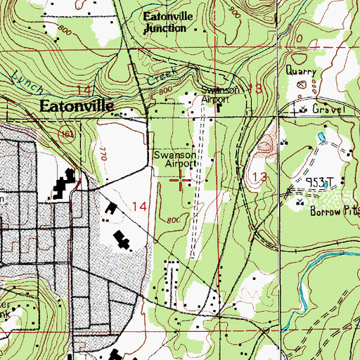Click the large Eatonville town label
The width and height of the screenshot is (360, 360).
coord(77,107)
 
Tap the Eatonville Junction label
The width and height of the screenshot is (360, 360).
coord(166,23)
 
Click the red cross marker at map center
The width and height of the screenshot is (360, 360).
coord(181,180)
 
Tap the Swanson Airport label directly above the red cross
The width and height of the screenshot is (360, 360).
coord(174,158)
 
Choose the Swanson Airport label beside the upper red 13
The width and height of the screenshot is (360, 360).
coord(215,95)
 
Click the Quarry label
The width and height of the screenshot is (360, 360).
coord(301,70)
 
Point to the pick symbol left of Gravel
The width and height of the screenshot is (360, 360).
coord(302,109)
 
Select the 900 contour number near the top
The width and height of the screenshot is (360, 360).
coord(233,13)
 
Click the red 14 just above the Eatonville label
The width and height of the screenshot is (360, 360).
coord(84,90)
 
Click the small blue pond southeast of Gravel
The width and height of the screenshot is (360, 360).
coord(322,135)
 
